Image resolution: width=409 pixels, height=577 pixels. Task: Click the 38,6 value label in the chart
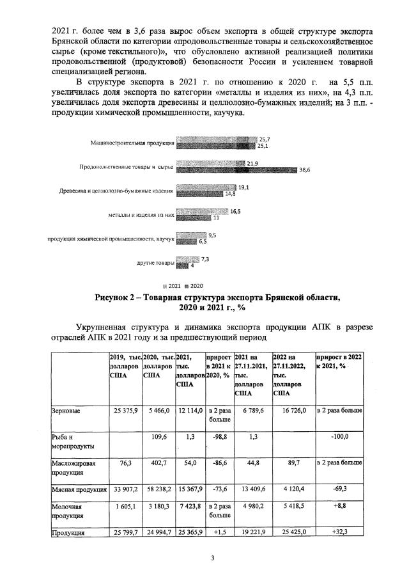pos(305,170)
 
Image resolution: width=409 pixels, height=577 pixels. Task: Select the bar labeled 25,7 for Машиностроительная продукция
pos(216,139)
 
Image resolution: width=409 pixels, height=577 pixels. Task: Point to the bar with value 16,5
pos(201,212)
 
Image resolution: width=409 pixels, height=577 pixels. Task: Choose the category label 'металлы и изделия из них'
pos(141,215)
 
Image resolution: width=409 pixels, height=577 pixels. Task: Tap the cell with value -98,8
pos(220,436)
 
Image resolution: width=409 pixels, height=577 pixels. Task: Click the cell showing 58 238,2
pos(157,490)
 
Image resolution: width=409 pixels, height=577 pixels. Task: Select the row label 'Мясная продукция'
pos(79,490)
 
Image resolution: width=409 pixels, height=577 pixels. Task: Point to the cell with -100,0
pos(339,436)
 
